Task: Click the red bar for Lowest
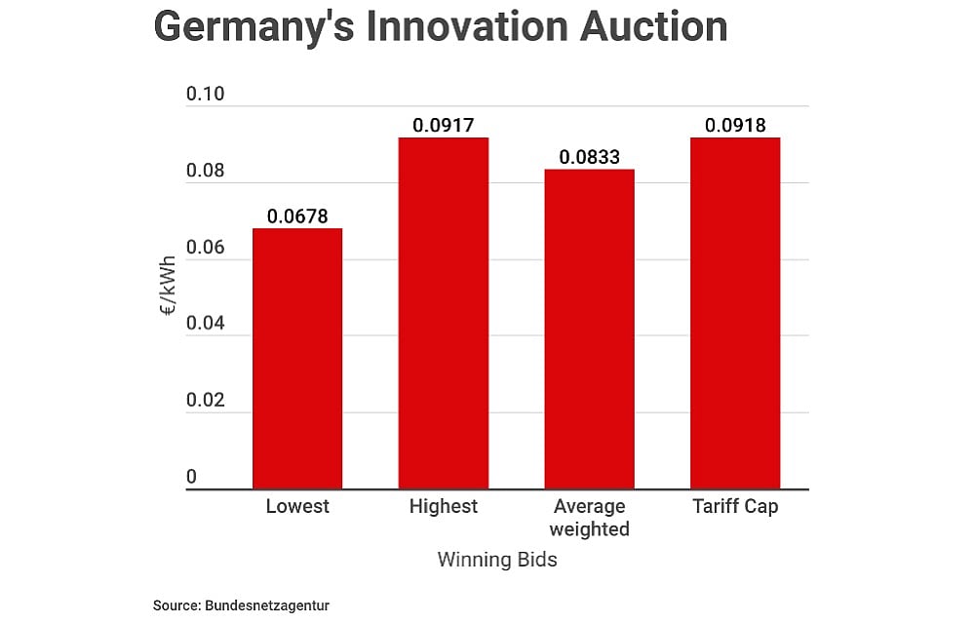tap(297, 358)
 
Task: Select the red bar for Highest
tap(444, 313)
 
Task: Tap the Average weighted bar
tap(589, 329)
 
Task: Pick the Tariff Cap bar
tap(735, 313)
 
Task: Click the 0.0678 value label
tap(297, 216)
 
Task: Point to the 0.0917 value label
tap(444, 126)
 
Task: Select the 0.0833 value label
tap(589, 157)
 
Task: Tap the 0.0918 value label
tap(735, 126)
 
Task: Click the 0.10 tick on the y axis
tap(206, 95)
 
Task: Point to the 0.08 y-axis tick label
tap(206, 172)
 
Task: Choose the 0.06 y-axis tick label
tap(206, 248)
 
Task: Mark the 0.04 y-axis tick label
tap(206, 324)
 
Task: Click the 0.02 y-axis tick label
tap(206, 401)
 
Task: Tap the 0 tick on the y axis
tap(192, 477)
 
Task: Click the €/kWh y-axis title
tap(169, 286)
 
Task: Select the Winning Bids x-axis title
tap(497, 561)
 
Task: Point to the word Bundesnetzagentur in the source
tap(267, 605)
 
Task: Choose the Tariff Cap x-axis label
tap(735, 507)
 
